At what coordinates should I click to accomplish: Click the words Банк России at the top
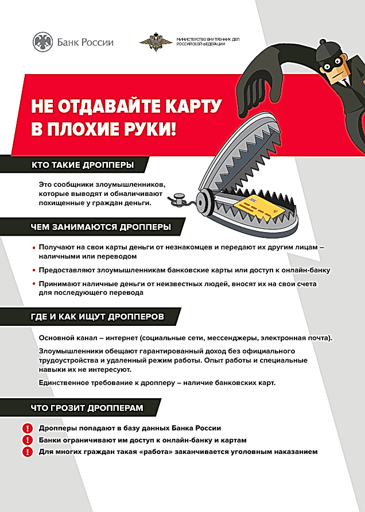[x=86, y=42]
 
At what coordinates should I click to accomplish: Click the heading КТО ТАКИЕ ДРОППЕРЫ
[x=83, y=165]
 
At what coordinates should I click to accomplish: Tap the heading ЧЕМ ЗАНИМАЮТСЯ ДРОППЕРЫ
[x=100, y=226]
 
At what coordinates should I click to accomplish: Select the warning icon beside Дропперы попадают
[x=28, y=429]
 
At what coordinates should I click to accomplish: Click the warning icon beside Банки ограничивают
[x=28, y=440]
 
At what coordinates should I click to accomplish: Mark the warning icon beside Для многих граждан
[x=28, y=452]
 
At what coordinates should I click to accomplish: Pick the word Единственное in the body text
[x=65, y=383]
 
